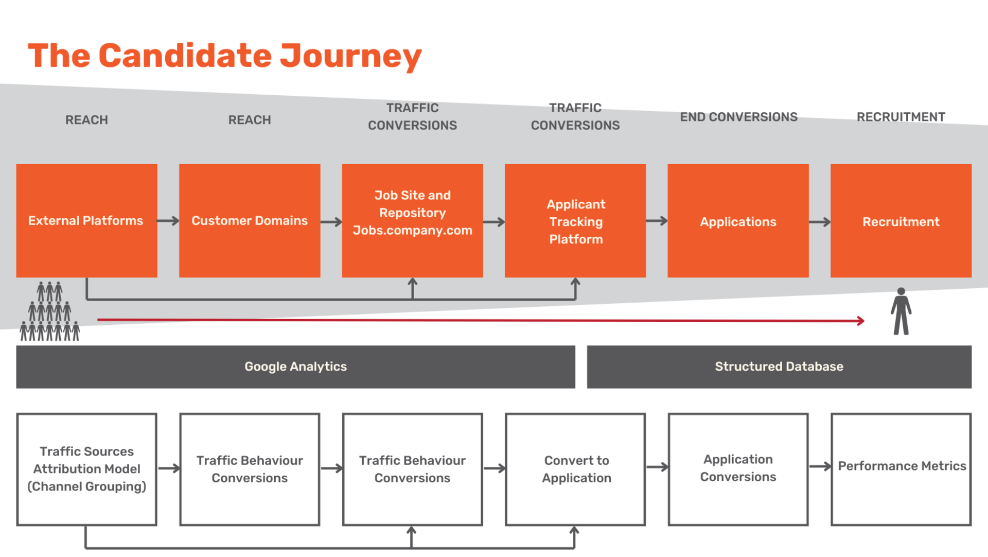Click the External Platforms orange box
[x=86, y=221]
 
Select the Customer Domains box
[x=250, y=221]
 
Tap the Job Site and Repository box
[x=412, y=221]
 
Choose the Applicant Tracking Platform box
[x=575, y=221]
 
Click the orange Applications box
[x=738, y=221]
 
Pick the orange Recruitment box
[x=901, y=221]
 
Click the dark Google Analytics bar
[x=295, y=367]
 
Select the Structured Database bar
[x=779, y=367]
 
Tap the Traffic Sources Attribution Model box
[x=86, y=469]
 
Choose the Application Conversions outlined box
[x=738, y=469]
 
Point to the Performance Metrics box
[x=901, y=469]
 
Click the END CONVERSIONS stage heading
[x=738, y=117]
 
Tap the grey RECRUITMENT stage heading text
[x=901, y=117]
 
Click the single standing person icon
[x=901, y=311]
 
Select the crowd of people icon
[x=50, y=312]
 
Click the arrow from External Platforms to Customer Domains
[x=168, y=221]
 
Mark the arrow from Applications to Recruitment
[x=820, y=222]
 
